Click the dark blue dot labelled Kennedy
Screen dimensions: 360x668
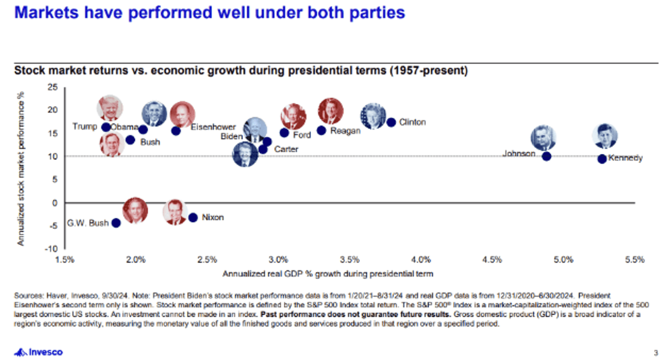pos(602,159)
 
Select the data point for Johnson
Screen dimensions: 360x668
pos(546,157)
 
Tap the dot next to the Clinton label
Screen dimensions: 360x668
pos(391,122)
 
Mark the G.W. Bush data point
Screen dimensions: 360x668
pos(116,223)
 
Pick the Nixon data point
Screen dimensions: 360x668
pos(193,217)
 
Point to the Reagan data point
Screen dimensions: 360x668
pos(321,131)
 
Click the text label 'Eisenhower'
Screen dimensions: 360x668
pos(213,127)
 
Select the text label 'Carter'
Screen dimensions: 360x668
pos(286,149)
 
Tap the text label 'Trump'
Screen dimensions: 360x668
pos(85,127)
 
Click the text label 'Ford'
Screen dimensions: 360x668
pos(302,135)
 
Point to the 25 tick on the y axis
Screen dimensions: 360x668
pos(53,87)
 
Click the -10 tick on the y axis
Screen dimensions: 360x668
pos(51,249)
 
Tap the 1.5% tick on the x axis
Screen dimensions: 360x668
pos(65,259)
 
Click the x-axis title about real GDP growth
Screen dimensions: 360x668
pos(328,273)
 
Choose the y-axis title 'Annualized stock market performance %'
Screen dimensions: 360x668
pos(21,167)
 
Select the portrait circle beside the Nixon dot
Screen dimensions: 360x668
pos(175,212)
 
